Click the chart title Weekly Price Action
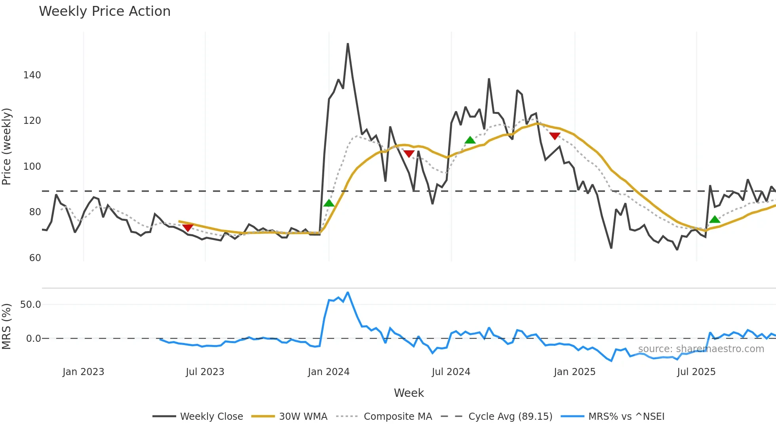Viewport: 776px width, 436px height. pos(105,11)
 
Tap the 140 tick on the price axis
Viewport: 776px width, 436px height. pos(32,75)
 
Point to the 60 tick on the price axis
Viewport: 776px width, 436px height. pos(35,258)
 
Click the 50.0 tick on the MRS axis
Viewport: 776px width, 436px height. pos(30,305)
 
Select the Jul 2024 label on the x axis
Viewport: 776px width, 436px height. pos(451,372)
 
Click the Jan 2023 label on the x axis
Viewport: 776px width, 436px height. pos(83,372)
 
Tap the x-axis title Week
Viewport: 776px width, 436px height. pos(409,393)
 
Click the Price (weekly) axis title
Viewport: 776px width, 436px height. pos(7,146)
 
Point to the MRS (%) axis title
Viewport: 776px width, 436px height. pos(7,326)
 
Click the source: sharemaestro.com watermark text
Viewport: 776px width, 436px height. pos(701,349)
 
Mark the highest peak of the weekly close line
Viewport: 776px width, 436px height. pos(348,44)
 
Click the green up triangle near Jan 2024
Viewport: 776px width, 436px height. pos(329,203)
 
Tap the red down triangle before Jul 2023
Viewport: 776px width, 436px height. pos(188,227)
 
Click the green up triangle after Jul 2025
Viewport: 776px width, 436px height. pos(715,220)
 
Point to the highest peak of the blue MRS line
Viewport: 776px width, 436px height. pos(348,292)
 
